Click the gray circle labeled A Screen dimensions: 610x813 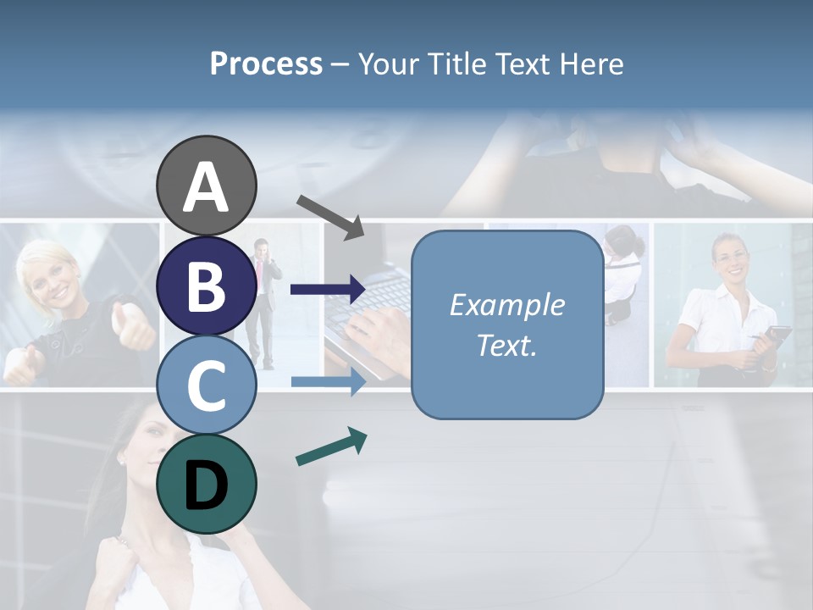pos(206,186)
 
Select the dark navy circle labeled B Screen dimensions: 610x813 pos(206,286)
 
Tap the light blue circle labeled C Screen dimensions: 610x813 pos(206,385)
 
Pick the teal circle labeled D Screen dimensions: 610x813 pos(206,484)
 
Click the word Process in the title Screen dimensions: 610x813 pos(266,64)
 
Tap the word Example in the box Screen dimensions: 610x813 pos(506,305)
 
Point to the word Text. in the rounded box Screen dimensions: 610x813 pos(506,345)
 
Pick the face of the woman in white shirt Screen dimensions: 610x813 pos(729,259)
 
